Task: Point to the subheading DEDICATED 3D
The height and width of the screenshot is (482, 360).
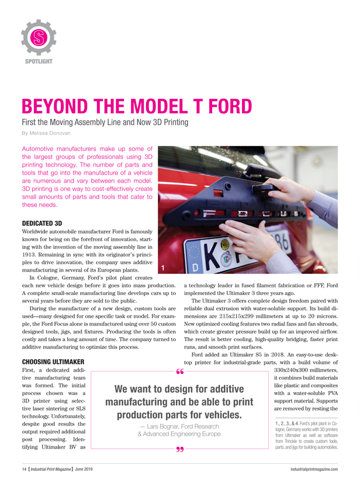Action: pos(44,223)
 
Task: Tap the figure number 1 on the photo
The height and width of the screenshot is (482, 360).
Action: pos(164,267)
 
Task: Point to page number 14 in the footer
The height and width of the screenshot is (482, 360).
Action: pos(19,469)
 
